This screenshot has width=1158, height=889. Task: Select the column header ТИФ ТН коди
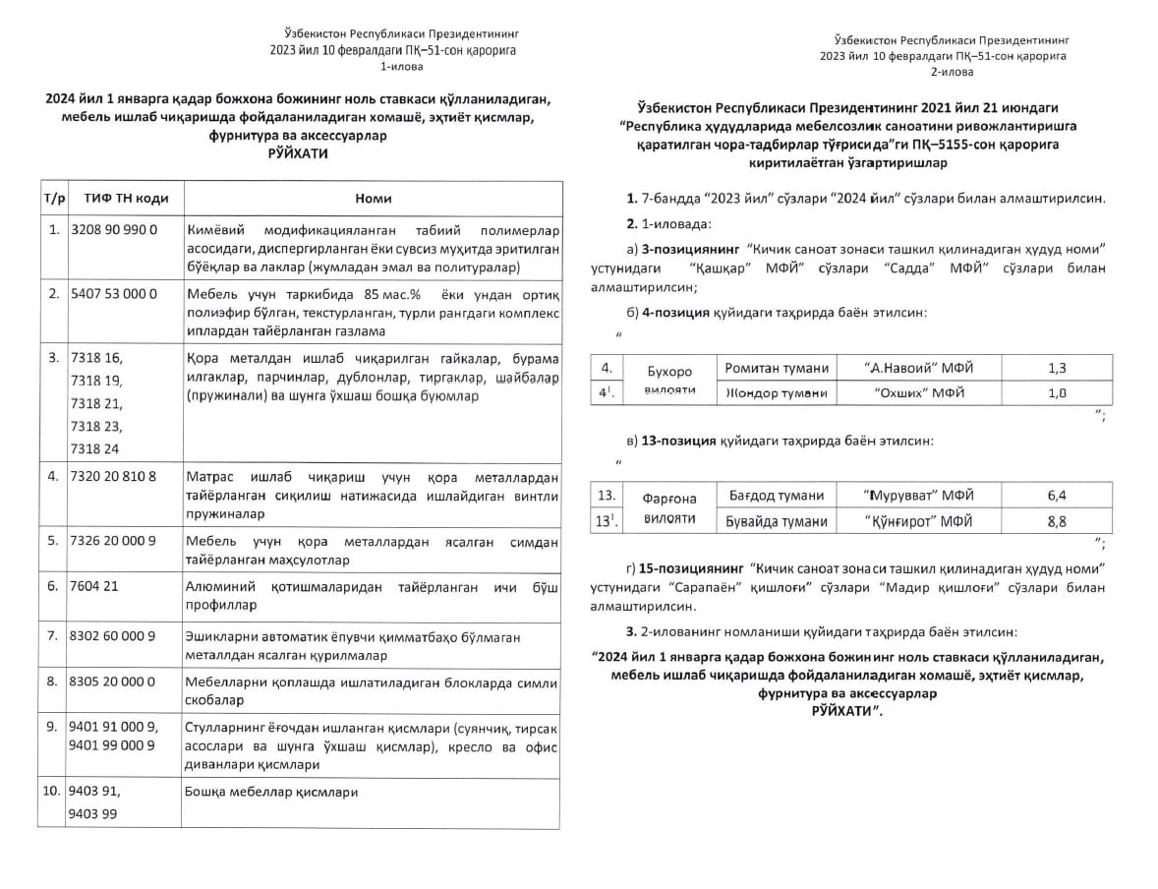(x=126, y=198)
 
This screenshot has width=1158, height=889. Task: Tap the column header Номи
(x=373, y=198)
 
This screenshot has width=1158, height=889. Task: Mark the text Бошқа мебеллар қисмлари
(x=270, y=791)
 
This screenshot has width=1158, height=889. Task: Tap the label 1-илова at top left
(x=399, y=67)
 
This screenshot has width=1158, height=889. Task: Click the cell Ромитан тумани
(x=777, y=369)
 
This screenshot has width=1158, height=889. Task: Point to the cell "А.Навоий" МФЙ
(x=918, y=369)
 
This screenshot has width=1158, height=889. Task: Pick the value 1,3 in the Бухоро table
(x=1057, y=369)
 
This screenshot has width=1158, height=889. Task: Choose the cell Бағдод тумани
(x=776, y=496)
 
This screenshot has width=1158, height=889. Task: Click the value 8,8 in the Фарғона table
(x=1057, y=522)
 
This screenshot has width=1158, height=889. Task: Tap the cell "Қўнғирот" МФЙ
(x=918, y=522)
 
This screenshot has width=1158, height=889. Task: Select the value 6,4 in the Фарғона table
(x=1057, y=496)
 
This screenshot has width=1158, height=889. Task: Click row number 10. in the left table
(x=52, y=790)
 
